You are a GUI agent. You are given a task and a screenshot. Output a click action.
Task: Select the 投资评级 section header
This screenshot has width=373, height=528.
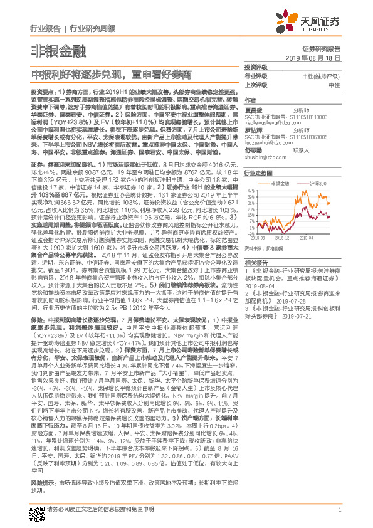(x=255, y=66)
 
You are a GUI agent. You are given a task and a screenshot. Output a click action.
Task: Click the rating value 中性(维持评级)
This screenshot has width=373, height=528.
(x=325, y=76)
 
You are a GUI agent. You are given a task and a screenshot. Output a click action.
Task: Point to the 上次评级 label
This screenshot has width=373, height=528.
(x=256, y=85)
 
